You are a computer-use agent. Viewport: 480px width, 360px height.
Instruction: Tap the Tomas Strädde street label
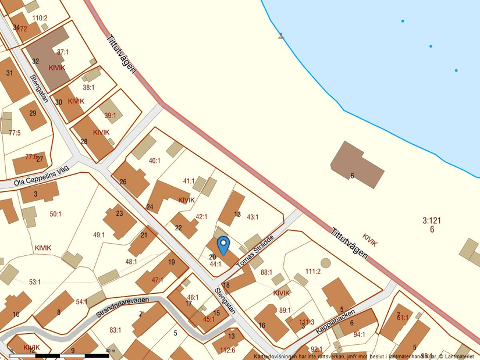tap(255, 251)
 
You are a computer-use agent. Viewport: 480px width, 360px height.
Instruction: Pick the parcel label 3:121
tap(431, 220)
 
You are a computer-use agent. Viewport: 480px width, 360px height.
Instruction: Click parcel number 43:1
tap(253, 217)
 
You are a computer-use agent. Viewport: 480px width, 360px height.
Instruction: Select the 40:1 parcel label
tap(154, 161)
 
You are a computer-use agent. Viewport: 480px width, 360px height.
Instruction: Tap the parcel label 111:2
tap(313, 272)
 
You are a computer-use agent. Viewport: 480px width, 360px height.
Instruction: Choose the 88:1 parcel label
tap(266, 272)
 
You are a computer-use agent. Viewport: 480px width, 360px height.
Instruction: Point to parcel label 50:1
tap(55, 214)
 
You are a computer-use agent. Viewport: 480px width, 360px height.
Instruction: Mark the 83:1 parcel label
tap(115, 330)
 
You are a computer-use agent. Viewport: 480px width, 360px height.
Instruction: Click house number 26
tap(123, 181)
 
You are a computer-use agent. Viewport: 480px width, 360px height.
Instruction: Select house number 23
tap(119, 213)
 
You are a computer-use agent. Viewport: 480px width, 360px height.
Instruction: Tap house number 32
tap(35, 61)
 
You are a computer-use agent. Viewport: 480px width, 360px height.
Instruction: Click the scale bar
tap(58, 355)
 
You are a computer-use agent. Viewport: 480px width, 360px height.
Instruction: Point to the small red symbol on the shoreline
tap(282, 36)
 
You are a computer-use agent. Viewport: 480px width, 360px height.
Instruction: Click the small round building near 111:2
tap(325, 263)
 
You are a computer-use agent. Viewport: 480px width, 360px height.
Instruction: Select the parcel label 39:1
tap(110, 115)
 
